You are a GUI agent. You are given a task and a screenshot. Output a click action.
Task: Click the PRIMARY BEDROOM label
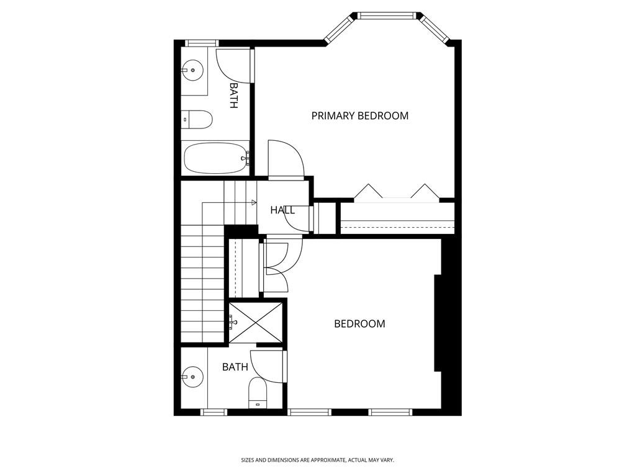tap(359, 115)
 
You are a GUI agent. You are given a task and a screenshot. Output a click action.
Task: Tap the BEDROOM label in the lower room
tap(359, 323)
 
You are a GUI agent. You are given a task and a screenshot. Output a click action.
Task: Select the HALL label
tap(282, 210)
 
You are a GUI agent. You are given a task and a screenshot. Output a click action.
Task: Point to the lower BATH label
tap(235, 367)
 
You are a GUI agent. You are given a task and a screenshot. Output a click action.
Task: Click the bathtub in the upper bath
tap(214, 159)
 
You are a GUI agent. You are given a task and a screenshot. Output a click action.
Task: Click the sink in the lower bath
tap(192, 376)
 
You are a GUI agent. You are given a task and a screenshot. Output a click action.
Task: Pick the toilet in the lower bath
tap(257, 393)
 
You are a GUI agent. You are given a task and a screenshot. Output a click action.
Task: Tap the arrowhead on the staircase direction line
tap(254, 203)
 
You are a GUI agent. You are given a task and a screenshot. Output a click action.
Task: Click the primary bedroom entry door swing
tap(284, 159)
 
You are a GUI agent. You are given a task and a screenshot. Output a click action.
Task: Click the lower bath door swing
tap(269, 367)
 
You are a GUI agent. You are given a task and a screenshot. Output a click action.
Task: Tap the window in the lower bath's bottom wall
tap(214, 411)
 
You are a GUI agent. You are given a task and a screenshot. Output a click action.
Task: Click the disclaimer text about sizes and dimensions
tap(317, 460)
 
